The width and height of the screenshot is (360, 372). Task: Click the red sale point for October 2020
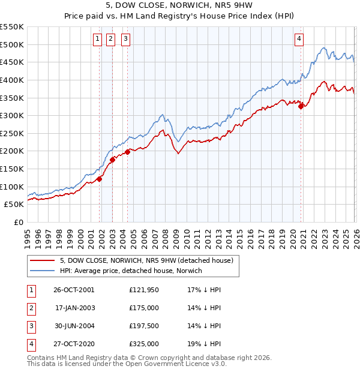click(301, 107)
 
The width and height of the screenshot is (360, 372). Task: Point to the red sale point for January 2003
click(112, 160)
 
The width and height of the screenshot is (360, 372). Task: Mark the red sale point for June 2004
click(128, 152)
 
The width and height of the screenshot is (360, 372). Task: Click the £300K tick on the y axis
click(12, 115)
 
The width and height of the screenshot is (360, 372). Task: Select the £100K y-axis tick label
click(12, 187)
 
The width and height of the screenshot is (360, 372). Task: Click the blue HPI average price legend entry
click(131, 271)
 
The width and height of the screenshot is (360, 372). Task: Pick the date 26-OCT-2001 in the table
click(74, 290)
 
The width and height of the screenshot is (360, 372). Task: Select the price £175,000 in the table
click(144, 308)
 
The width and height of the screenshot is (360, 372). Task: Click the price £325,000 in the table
click(144, 344)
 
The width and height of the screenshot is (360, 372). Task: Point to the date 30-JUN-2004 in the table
click(74, 326)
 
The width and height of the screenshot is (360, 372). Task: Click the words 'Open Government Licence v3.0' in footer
click(177, 364)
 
